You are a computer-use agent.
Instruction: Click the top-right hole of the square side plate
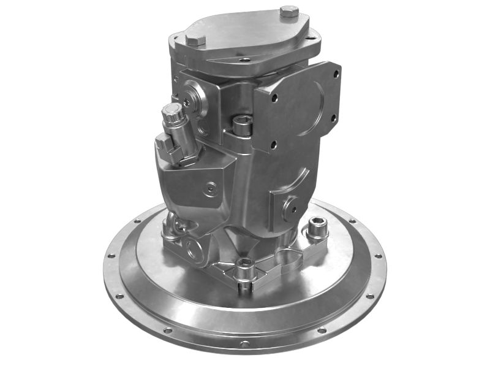coord(335,74)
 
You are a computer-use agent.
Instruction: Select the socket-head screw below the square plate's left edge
coord(241,125)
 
